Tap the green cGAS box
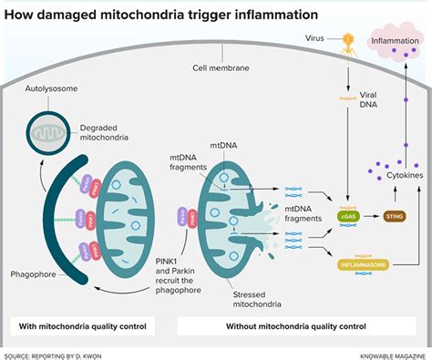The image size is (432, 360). pos(348,216)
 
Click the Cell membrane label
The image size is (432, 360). pos(220,67)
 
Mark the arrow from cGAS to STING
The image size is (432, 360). pos(371,216)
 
